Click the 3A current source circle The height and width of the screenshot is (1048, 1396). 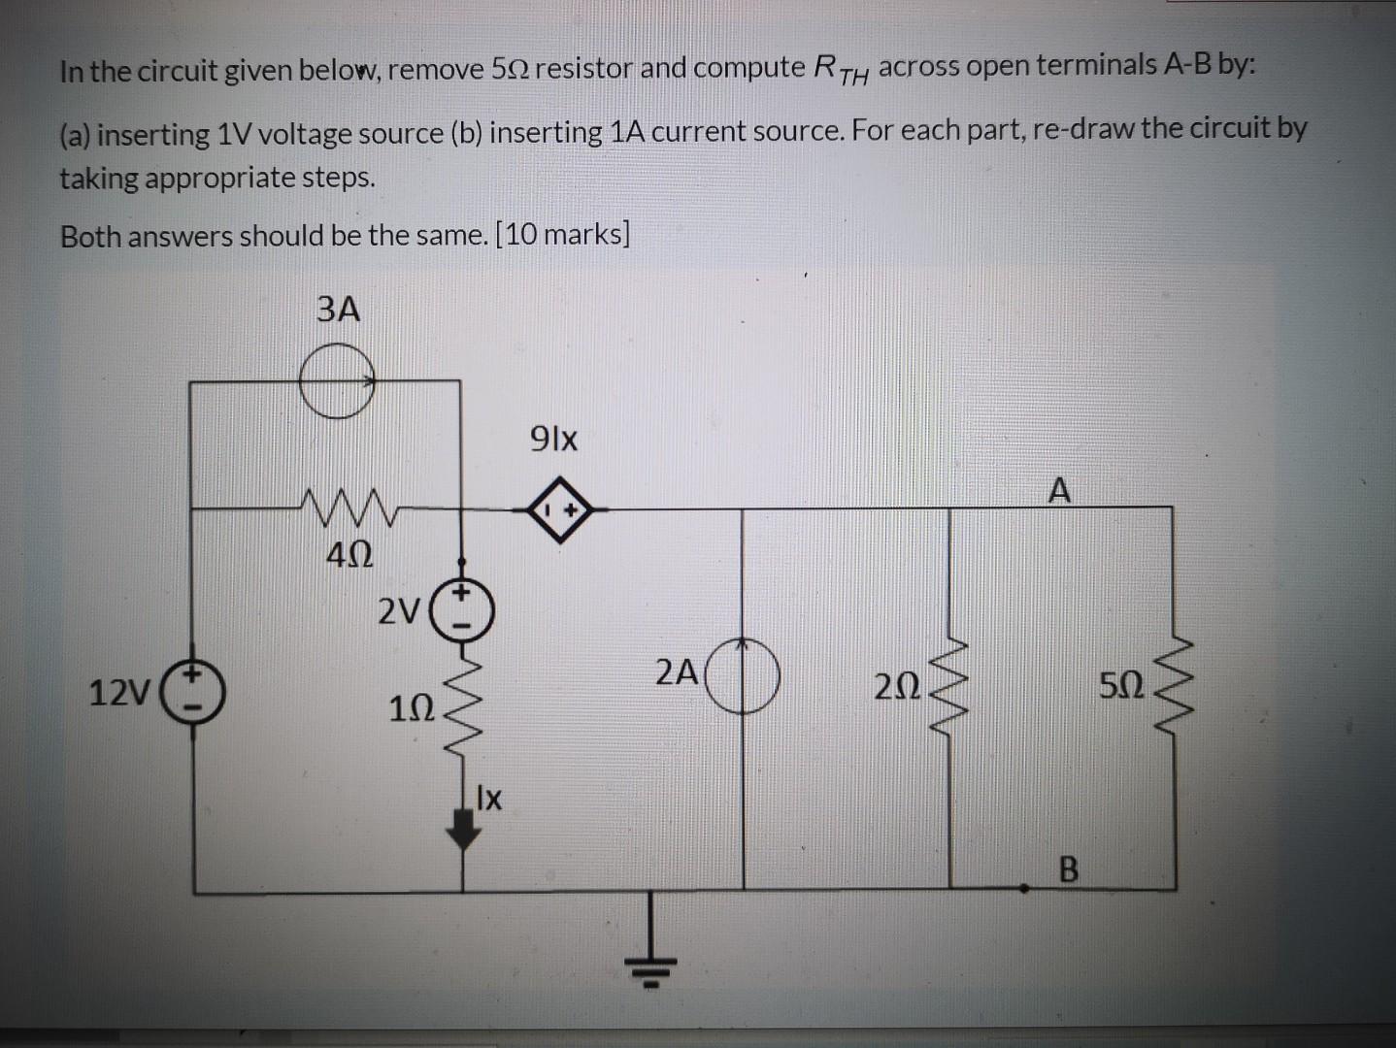click(x=336, y=382)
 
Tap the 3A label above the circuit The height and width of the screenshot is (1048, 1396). click(x=338, y=311)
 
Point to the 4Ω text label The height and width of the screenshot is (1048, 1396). click(x=347, y=557)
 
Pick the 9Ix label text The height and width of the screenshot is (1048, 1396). click(x=554, y=440)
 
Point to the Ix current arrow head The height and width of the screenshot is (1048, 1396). click(x=466, y=834)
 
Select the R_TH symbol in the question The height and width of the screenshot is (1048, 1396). click(x=841, y=70)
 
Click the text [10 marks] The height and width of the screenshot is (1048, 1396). click(x=562, y=236)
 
